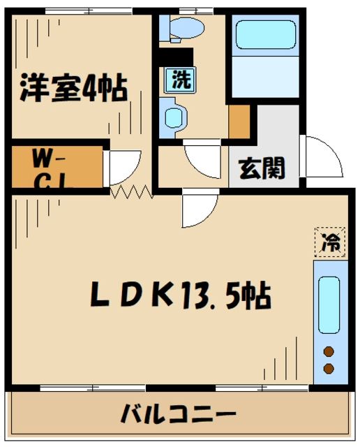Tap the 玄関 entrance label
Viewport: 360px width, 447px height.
[262, 168]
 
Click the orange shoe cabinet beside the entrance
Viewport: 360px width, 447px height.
[239, 122]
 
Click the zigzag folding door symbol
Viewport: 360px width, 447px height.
[131, 190]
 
